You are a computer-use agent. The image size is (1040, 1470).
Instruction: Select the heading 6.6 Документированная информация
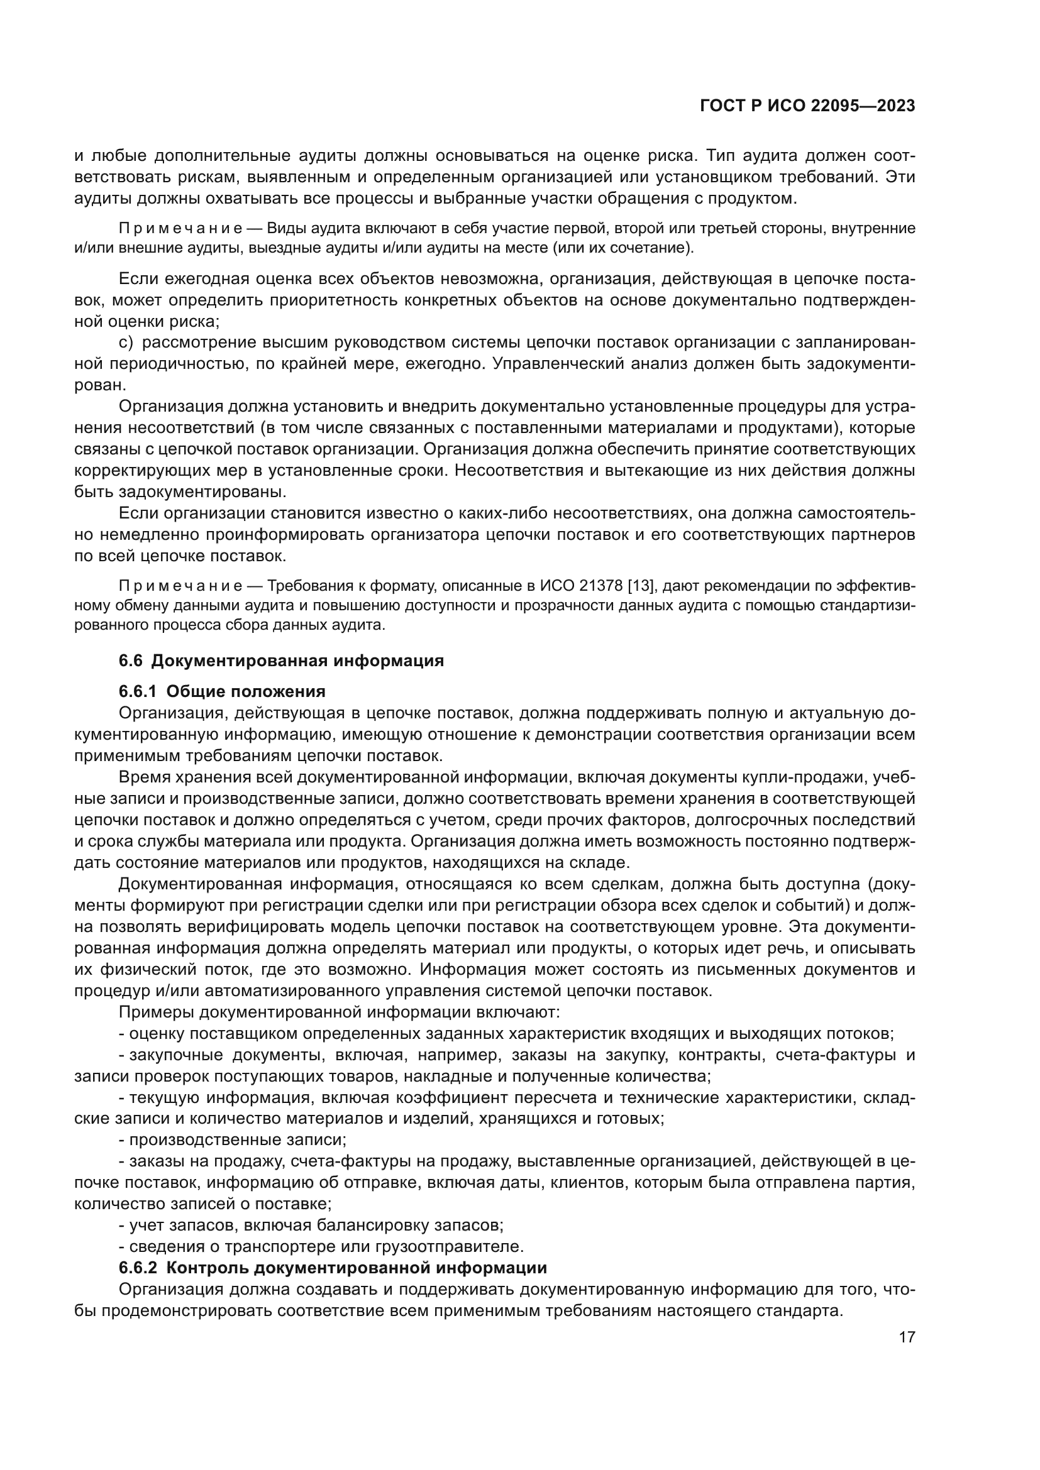click(281, 661)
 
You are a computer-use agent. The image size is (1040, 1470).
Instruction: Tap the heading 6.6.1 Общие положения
click(221, 691)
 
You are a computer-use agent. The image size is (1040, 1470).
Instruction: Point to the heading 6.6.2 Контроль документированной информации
click(333, 1268)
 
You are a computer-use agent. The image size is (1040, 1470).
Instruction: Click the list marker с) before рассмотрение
click(126, 343)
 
